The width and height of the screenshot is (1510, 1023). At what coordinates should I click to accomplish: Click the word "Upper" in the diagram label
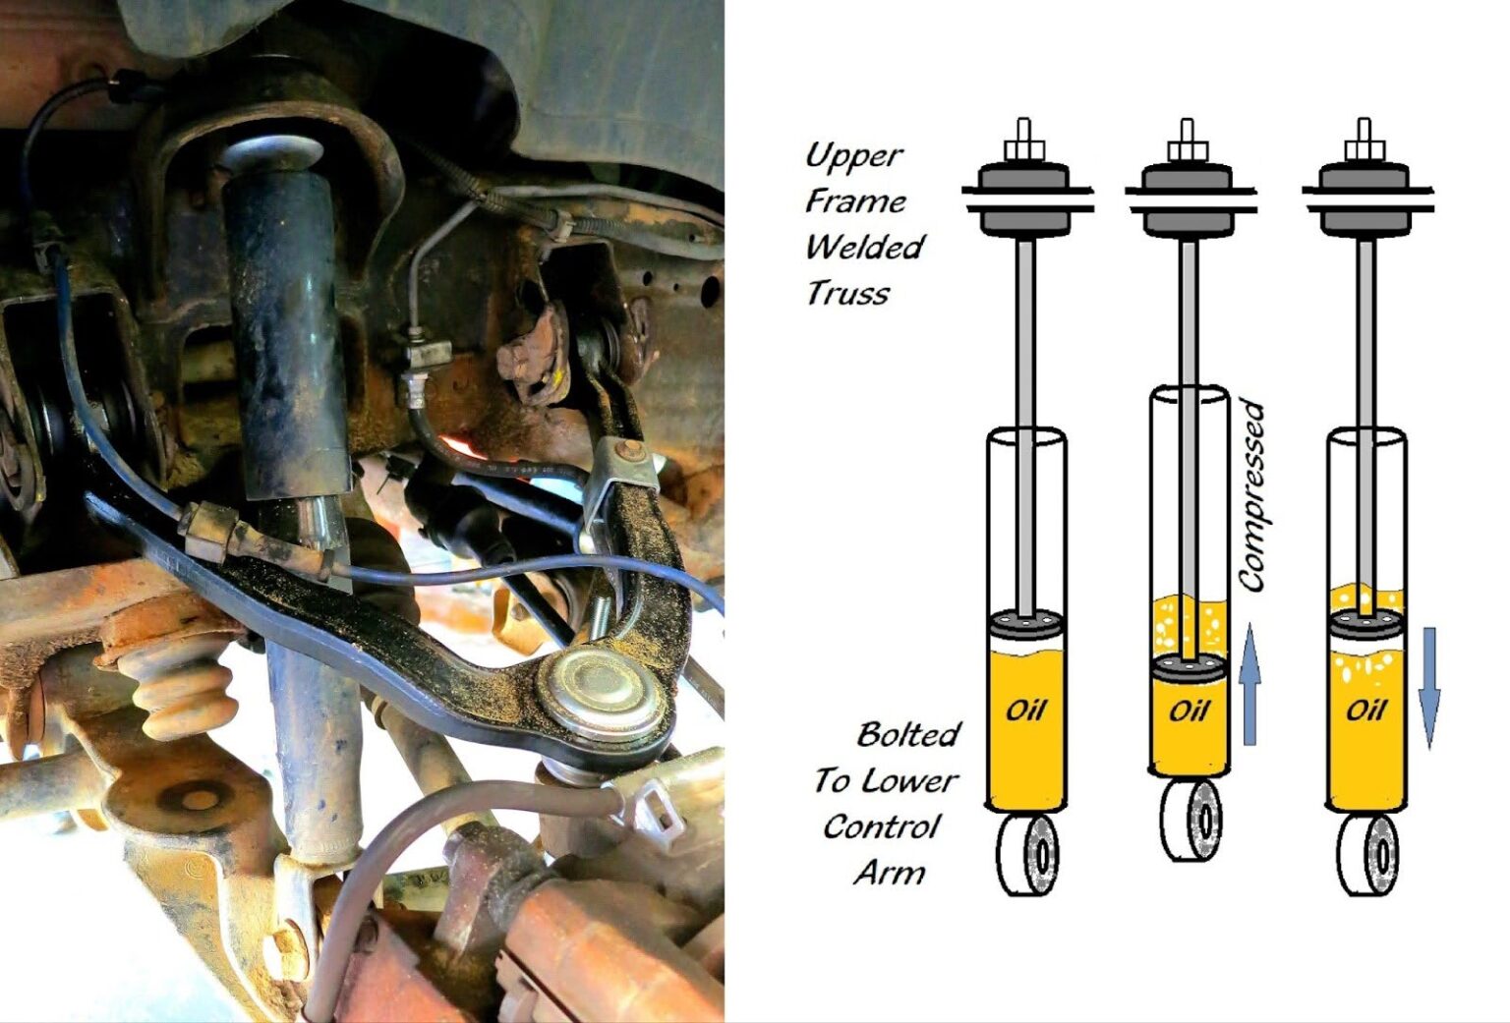[x=852, y=155]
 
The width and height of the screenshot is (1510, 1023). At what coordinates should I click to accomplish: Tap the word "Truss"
[x=846, y=293]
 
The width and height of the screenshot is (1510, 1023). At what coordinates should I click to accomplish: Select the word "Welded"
[x=864, y=247]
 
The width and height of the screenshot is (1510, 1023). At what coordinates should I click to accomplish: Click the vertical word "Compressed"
[x=1250, y=496]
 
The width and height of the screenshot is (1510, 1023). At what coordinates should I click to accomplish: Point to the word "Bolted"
[x=907, y=734]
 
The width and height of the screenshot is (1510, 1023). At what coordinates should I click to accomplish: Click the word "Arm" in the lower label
[x=889, y=872]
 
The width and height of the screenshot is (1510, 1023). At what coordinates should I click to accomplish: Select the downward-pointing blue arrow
[x=1428, y=688]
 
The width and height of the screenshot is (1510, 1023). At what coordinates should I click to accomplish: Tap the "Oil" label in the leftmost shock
[x=1024, y=710]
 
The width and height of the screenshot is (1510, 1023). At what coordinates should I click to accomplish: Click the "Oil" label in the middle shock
[x=1188, y=710]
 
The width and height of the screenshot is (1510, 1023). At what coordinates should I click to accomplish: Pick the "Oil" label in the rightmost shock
[x=1365, y=710]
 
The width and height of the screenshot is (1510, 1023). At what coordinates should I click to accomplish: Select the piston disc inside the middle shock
[x=1189, y=667]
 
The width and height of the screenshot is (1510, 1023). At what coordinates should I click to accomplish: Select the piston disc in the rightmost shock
[x=1365, y=627]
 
